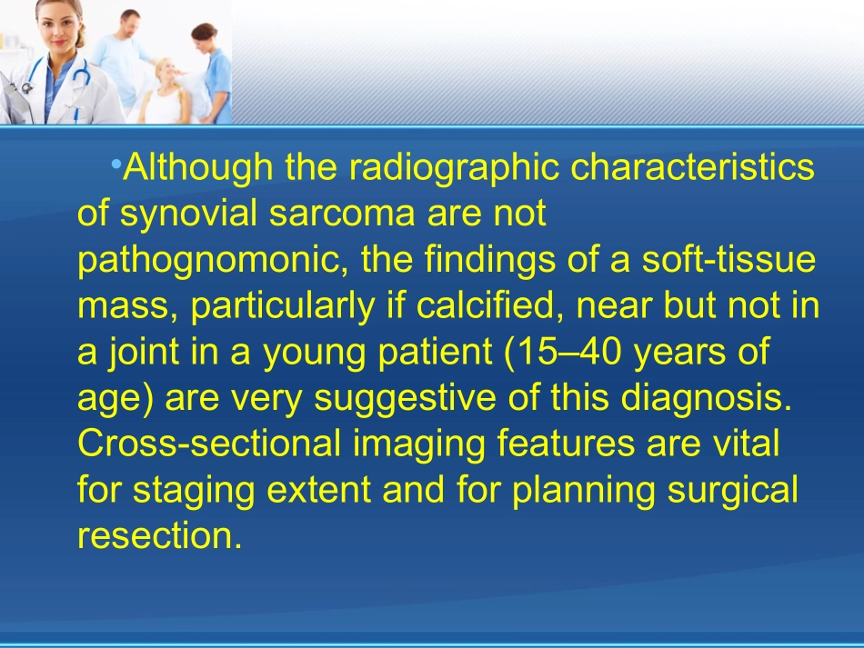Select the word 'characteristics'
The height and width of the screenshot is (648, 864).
coord(692,167)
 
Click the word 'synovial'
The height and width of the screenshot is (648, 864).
coord(188,213)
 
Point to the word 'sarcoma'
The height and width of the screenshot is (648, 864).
coord(342,214)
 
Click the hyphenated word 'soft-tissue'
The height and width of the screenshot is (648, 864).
coord(728,259)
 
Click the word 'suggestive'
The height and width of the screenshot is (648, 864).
coord(405,399)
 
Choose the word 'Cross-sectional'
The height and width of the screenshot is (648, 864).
coord(209,444)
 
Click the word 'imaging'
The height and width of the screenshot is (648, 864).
coord(418,444)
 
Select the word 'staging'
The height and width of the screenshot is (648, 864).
coord(194,490)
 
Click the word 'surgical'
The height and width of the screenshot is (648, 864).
coord(732,490)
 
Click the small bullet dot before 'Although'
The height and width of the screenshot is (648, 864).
coord(116,164)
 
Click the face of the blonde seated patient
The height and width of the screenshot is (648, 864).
coord(166,71)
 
